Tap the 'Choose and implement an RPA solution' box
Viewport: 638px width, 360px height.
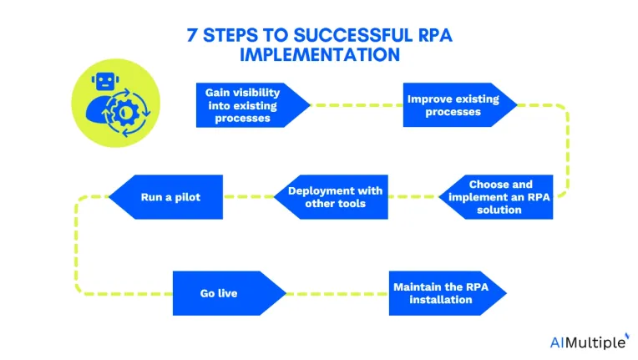point(495,197)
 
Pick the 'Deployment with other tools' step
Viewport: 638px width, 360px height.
point(331,197)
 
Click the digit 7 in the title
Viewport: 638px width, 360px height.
point(192,35)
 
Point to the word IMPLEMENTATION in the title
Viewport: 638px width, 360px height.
point(320,55)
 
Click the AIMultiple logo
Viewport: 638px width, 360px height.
point(590,342)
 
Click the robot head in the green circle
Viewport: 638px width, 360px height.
point(105,81)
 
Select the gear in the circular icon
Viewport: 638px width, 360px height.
point(126,113)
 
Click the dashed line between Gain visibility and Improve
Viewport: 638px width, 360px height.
point(357,105)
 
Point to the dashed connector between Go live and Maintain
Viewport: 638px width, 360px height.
point(337,294)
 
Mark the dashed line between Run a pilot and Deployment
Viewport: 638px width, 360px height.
point(248,197)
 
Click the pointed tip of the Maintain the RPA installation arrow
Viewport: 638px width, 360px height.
point(507,293)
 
